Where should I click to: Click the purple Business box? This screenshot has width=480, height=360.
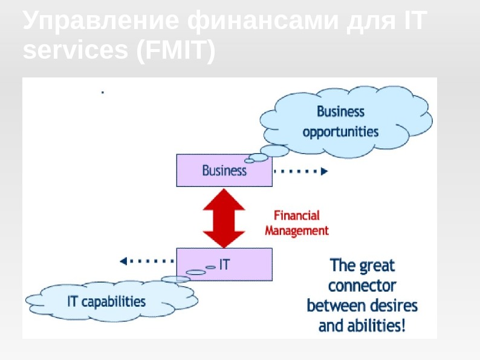[224, 171]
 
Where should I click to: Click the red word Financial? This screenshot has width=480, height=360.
[297, 215]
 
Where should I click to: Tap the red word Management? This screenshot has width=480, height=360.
[297, 231]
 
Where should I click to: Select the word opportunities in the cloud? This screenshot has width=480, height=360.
[340, 132]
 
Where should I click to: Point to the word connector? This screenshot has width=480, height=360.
[362, 285]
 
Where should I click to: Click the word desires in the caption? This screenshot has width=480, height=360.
[395, 305]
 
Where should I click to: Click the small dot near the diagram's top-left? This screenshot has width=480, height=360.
[102, 93]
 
